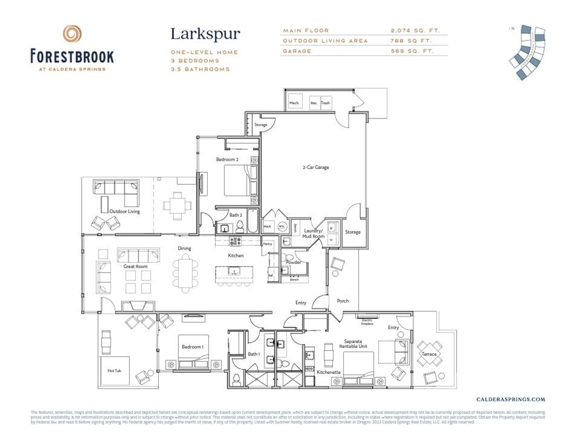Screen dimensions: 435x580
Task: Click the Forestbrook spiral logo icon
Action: (x=72, y=34)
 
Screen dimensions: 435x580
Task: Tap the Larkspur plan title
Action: (x=205, y=34)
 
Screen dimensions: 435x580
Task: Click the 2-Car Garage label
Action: (x=315, y=167)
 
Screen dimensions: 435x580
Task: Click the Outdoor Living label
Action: (x=124, y=211)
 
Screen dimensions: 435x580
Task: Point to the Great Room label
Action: (x=135, y=266)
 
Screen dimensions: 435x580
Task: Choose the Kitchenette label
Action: (x=329, y=372)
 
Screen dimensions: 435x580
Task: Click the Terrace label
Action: (x=429, y=354)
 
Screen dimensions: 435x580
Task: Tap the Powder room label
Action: (x=294, y=262)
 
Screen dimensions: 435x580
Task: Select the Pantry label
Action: (x=268, y=243)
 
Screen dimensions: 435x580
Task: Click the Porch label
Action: (x=342, y=301)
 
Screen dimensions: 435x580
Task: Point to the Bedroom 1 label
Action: (x=192, y=347)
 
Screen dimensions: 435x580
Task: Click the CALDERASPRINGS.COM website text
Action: (x=511, y=399)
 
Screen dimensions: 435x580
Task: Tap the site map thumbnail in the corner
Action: (x=527, y=53)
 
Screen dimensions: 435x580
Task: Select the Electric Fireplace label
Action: (x=367, y=321)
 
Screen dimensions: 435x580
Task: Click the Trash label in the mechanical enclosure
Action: (x=326, y=103)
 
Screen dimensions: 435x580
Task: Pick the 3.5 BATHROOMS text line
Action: (x=200, y=69)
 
